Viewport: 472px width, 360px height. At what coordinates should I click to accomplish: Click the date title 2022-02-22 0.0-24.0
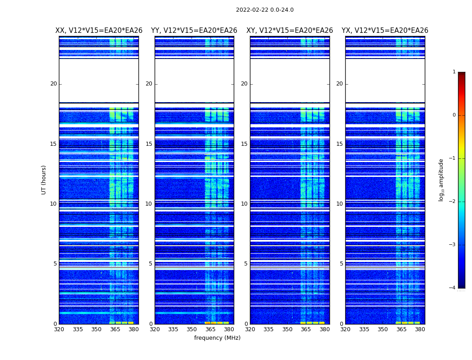pyautogui.click(x=265, y=10)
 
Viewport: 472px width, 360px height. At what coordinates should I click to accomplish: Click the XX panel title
pyautogui.click(x=99, y=31)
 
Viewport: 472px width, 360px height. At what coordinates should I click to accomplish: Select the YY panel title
pyautogui.click(x=194, y=31)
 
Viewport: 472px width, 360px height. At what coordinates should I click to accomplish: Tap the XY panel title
pyautogui.click(x=289, y=31)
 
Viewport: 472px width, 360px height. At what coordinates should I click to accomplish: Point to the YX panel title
pyautogui.click(x=385, y=31)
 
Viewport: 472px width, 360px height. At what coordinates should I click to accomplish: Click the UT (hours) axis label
pyautogui.click(x=44, y=180)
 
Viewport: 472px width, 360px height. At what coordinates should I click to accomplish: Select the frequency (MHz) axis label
pyautogui.click(x=217, y=338)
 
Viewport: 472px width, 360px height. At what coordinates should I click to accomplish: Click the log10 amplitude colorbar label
pyautogui.click(x=441, y=180)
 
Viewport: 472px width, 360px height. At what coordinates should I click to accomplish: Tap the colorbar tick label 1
pyautogui.click(x=454, y=72)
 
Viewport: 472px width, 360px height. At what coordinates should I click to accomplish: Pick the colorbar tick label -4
pyautogui.click(x=453, y=288)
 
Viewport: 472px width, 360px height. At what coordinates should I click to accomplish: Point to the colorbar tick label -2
pyautogui.click(x=453, y=202)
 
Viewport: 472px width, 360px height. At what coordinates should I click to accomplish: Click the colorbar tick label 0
pyautogui.click(x=454, y=115)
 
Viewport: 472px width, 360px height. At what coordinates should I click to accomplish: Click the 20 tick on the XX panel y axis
pyautogui.click(x=53, y=84)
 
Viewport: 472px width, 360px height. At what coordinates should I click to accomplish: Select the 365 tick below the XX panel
pyautogui.click(x=115, y=329)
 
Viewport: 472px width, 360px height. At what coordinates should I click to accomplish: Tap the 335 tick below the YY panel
pyautogui.click(x=173, y=329)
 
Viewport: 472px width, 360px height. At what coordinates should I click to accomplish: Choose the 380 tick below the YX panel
pyautogui.click(x=420, y=329)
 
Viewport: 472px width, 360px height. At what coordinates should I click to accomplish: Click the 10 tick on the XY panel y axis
pyautogui.click(x=244, y=204)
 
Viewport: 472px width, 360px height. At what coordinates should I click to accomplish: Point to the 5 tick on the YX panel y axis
pyautogui.click(x=341, y=264)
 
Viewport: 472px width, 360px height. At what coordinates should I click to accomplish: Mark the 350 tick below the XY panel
pyautogui.click(x=287, y=329)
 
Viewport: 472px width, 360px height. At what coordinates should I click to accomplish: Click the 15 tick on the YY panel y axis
pyautogui.click(x=149, y=144)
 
